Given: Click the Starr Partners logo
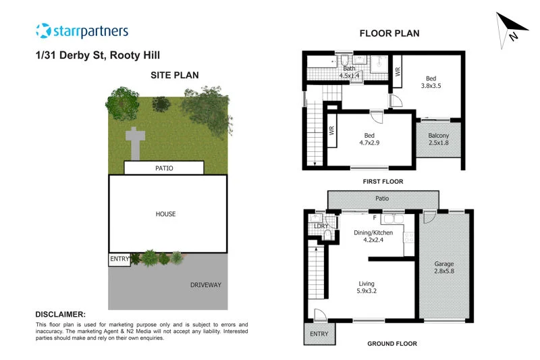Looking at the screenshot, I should tap(82, 31).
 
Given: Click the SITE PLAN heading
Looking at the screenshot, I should tap(174, 75).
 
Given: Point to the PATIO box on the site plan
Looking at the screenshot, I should tap(163, 168).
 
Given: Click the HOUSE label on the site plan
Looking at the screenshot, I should tap(165, 214).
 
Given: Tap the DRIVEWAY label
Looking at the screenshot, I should tap(206, 285).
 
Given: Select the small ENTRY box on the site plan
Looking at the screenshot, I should tap(119, 259).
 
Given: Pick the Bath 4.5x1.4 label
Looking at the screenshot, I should tap(350, 72).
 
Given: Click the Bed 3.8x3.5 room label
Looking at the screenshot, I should tap(431, 82).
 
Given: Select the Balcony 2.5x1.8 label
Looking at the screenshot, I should tap(438, 139).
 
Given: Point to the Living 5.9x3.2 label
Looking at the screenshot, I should tap(367, 288).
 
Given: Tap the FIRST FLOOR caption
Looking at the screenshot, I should tap(383, 182).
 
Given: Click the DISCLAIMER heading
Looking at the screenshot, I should tap(61, 315).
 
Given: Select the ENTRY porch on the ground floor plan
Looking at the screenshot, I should tap(319, 334).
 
